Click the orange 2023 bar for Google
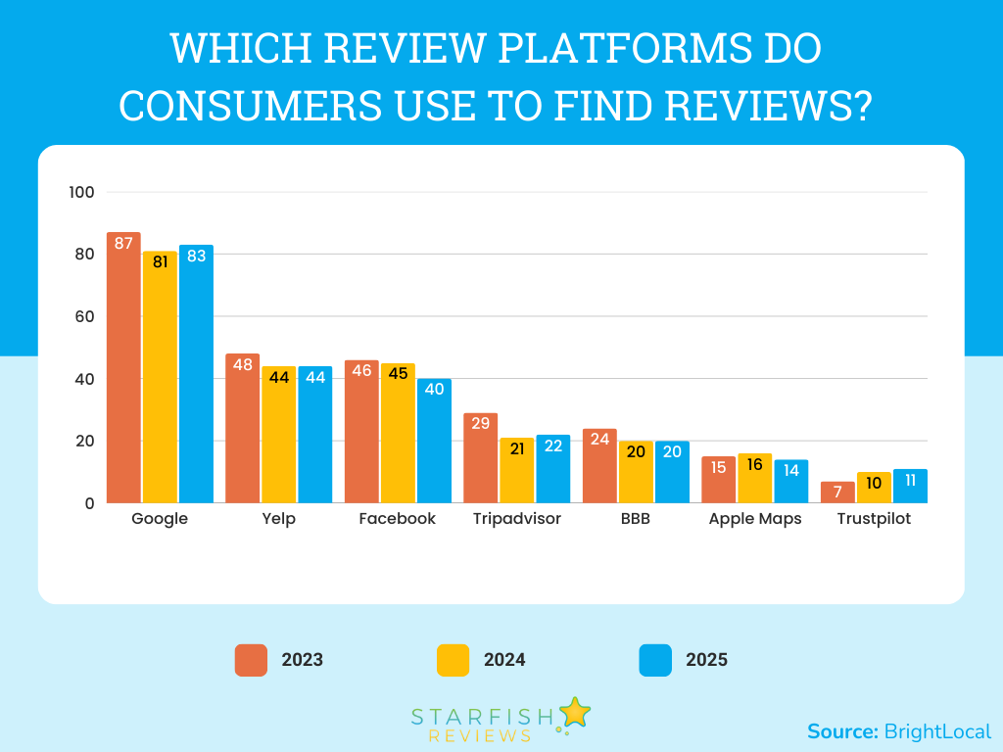tap(123, 372)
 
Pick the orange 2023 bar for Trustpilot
tap(838, 493)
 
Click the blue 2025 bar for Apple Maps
tap(791, 482)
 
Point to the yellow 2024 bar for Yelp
tap(278, 436)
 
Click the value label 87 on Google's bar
tap(123, 243)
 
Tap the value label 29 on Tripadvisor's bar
tap(480, 423)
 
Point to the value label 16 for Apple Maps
tap(755, 464)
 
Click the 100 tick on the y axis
tap(82, 192)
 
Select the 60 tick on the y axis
tap(84, 316)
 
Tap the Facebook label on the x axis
tap(397, 519)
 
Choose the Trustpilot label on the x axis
tap(874, 519)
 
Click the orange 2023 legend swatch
tap(251, 660)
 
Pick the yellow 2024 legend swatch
tap(453, 660)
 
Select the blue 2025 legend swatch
tap(655, 660)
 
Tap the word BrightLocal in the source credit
tap(937, 731)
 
